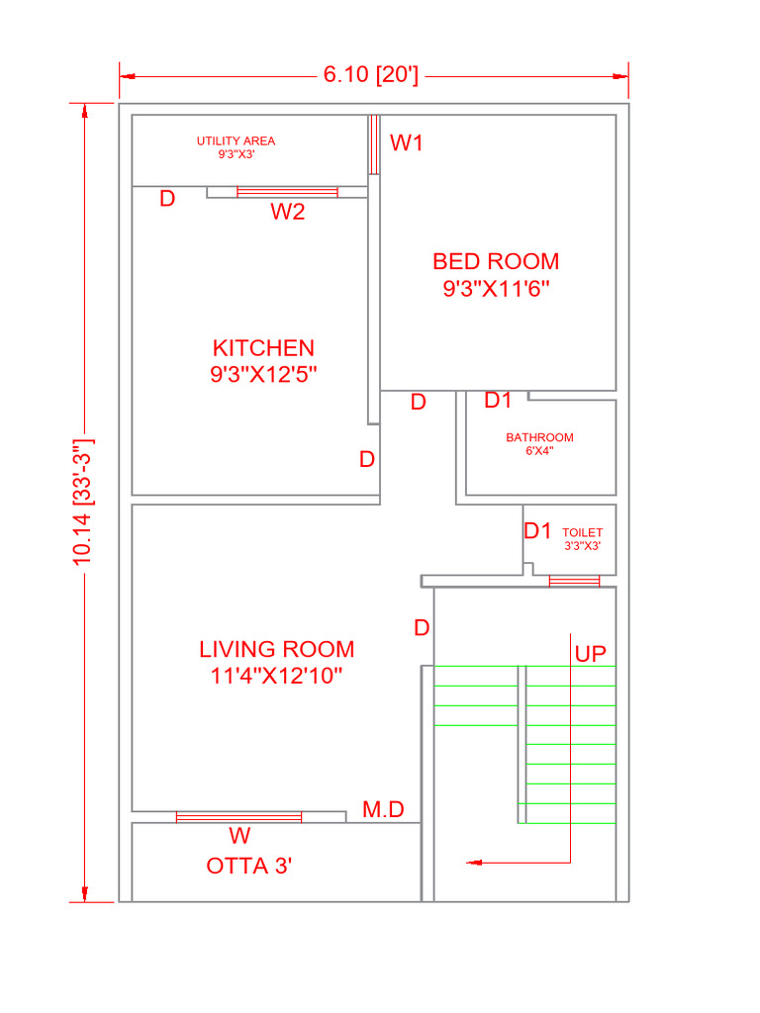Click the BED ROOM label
(496, 261)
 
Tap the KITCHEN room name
(263, 348)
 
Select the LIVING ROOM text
(277, 649)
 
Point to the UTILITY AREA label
(236, 140)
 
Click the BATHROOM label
(539, 437)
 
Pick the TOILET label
(582, 532)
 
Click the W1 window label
(407, 142)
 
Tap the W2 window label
(288, 212)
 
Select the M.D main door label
(383, 809)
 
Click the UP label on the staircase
(590, 654)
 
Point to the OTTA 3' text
(248, 866)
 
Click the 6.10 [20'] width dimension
(371, 75)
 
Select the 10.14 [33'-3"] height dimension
(83, 502)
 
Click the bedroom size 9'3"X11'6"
(496, 288)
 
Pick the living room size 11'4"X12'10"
(277, 676)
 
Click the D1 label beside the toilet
(537, 531)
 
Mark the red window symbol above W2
(288, 192)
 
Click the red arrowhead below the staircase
(474, 863)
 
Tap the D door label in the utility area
(167, 199)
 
